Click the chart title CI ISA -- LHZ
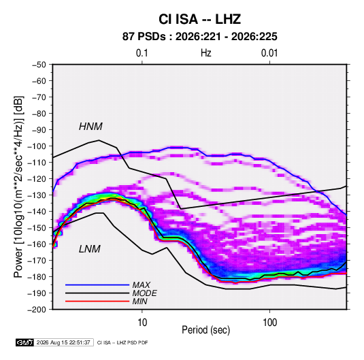(x=199, y=19)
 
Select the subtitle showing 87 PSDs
(x=199, y=37)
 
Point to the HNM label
(x=90, y=127)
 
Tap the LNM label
(x=90, y=249)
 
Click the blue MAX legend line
(x=97, y=284)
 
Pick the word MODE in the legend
(x=145, y=293)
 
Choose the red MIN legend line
(x=97, y=301)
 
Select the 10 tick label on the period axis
(x=142, y=323)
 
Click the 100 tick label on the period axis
(x=269, y=323)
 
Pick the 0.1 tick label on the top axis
(x=142, y=53)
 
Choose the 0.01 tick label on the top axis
(x=269, y=53)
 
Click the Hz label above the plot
(x=206, y=53)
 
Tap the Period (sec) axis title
(x=205, y=330)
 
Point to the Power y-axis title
(x=18, y=186)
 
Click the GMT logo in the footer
(x=24, y=342)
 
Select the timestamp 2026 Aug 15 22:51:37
(x=63, y=342)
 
